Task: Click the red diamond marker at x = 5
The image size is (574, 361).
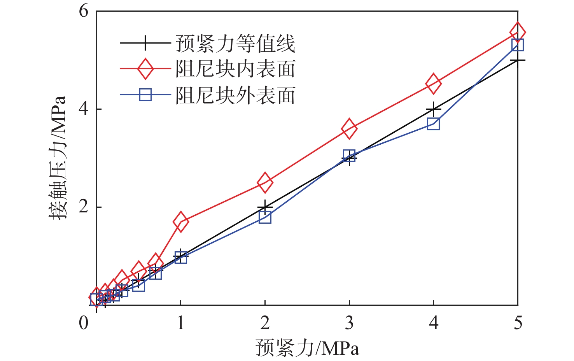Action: (x=518, y=32)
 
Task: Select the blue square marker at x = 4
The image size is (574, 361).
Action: (x=433, y=124)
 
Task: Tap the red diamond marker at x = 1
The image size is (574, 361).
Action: (x=180, y=222)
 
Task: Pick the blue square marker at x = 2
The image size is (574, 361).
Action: (x=265, y=217)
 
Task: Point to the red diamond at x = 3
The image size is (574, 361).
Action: (x=349, y=129)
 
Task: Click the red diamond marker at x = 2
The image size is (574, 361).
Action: (x=265, y=182)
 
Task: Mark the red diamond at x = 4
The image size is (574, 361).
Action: (x=433, y=83)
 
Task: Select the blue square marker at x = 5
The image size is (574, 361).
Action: (x=518, y=45)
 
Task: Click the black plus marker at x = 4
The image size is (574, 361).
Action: (x=433, y=109)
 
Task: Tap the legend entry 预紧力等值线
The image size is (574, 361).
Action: (x=236, y=43)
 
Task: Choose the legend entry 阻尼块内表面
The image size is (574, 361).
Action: (x=236, y=69)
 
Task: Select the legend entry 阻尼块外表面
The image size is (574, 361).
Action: (x=236, y=95)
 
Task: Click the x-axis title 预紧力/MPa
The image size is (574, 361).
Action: (x=307, y=347)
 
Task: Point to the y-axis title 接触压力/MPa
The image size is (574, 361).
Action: (x=58, y=158)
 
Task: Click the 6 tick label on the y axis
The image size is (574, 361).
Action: (x=84, y=11)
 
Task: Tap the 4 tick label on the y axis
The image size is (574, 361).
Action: (x=84, y=109)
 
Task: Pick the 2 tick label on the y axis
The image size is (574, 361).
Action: (x=84, y=207)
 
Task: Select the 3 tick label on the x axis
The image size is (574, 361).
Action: (x=349, y=323)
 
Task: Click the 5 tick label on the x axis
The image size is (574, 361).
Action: (x=518, y=323)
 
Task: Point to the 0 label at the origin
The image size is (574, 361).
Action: (x=84, y=323)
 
